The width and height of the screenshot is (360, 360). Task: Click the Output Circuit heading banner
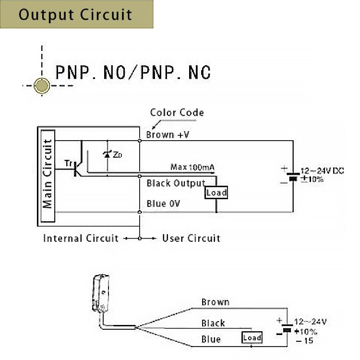click(x=76, y=14)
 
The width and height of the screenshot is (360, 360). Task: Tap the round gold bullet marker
click(x=43, y=86)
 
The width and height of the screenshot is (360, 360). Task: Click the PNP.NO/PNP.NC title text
click(x=133, y=72)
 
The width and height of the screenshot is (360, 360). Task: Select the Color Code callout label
click(x=177, y=113)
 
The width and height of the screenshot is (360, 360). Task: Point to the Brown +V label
click(x=168, y=135)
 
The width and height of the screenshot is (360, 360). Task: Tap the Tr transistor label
click(x=68, y=163)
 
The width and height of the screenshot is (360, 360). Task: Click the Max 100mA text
click(x=192, y=167)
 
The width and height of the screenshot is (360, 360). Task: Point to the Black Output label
click(x=175, y=183)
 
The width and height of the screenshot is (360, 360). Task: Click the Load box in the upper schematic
click(x=216, y=193)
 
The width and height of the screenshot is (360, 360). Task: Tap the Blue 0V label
click(x=163, y=204)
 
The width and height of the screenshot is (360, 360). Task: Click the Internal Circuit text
click(x=81, y=239)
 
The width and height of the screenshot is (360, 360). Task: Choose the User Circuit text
click(x=191, y=239)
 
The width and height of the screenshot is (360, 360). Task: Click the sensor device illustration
click(x=100, y=293)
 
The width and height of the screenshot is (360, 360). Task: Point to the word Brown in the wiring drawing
click(x=215, y=302)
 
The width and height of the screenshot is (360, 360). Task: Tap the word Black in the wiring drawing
click(x=213, y=324)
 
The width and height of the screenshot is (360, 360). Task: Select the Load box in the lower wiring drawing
click(x=252, y=338)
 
